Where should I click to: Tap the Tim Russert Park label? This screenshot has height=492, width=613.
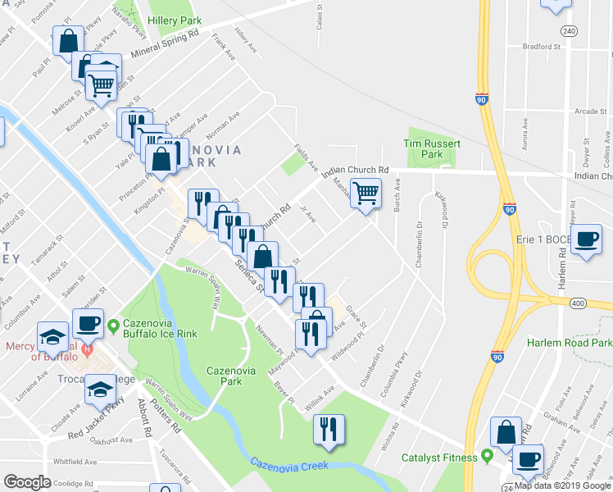point(433,148)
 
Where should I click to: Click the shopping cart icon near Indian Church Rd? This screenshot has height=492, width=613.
point(368,194)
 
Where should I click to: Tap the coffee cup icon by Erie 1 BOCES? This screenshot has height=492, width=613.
point(586,239)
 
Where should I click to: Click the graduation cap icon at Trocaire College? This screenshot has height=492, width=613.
point(102,389)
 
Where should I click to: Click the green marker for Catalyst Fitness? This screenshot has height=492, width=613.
point(488,454)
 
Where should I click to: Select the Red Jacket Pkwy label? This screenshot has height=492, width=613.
point(97,419)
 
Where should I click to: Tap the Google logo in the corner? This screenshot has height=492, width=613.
point(28,482)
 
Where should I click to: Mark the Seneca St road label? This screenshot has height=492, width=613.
point(248,276)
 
